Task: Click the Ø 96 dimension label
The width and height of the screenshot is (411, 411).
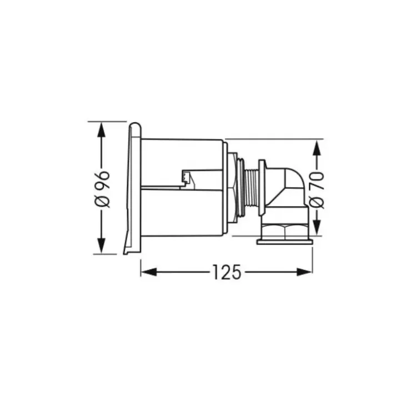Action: pyautogui.click(x=102, y=189)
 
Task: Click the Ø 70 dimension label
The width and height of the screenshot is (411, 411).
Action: pyautogui.click(x=317, y=190)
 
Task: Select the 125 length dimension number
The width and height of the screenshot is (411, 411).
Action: pyautogui.click(x=227, y=272)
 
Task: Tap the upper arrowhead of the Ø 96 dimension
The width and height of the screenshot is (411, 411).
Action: pyautogui.click(x=102, y=130)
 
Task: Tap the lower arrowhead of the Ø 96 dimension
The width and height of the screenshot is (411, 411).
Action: pyautogui.click(x=102, y=245)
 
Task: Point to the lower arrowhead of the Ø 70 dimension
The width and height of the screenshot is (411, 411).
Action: pyautogui.click(x=317, y=227)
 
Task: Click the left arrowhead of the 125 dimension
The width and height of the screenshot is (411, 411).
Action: pyautogui.click(x=149, y=272)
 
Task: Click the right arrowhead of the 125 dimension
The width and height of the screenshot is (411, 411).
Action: pyautogui.click(x=304, y=272)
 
